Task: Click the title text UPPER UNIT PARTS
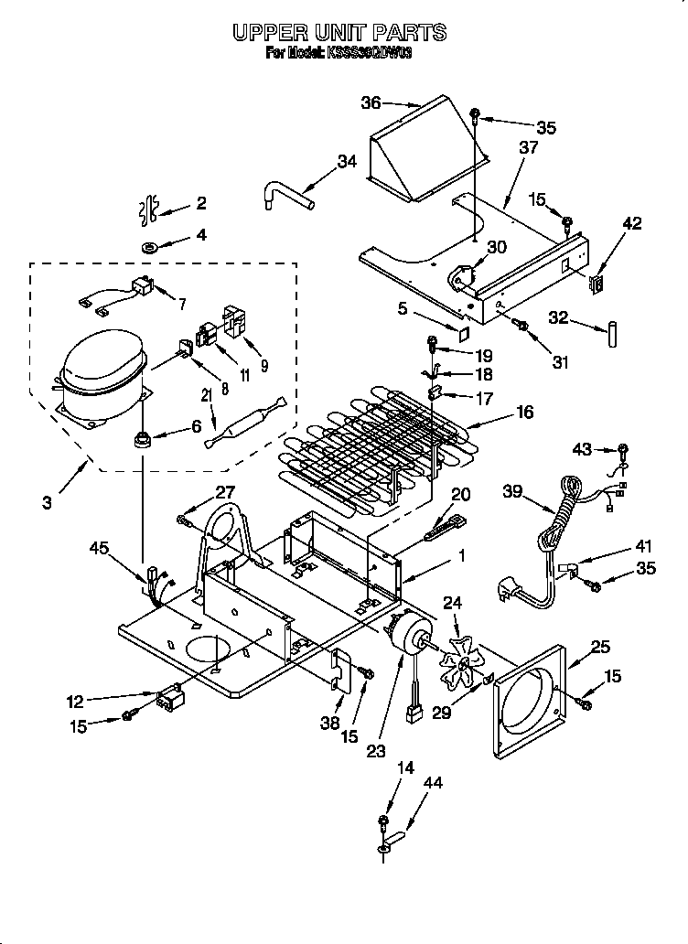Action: click(x=339, y=33)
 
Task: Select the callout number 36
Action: click(x=371, y=102)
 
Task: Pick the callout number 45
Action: click(x=102, y=549)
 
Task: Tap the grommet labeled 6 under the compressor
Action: click(x=143, y=440)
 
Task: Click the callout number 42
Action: click(x=632, y=222)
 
